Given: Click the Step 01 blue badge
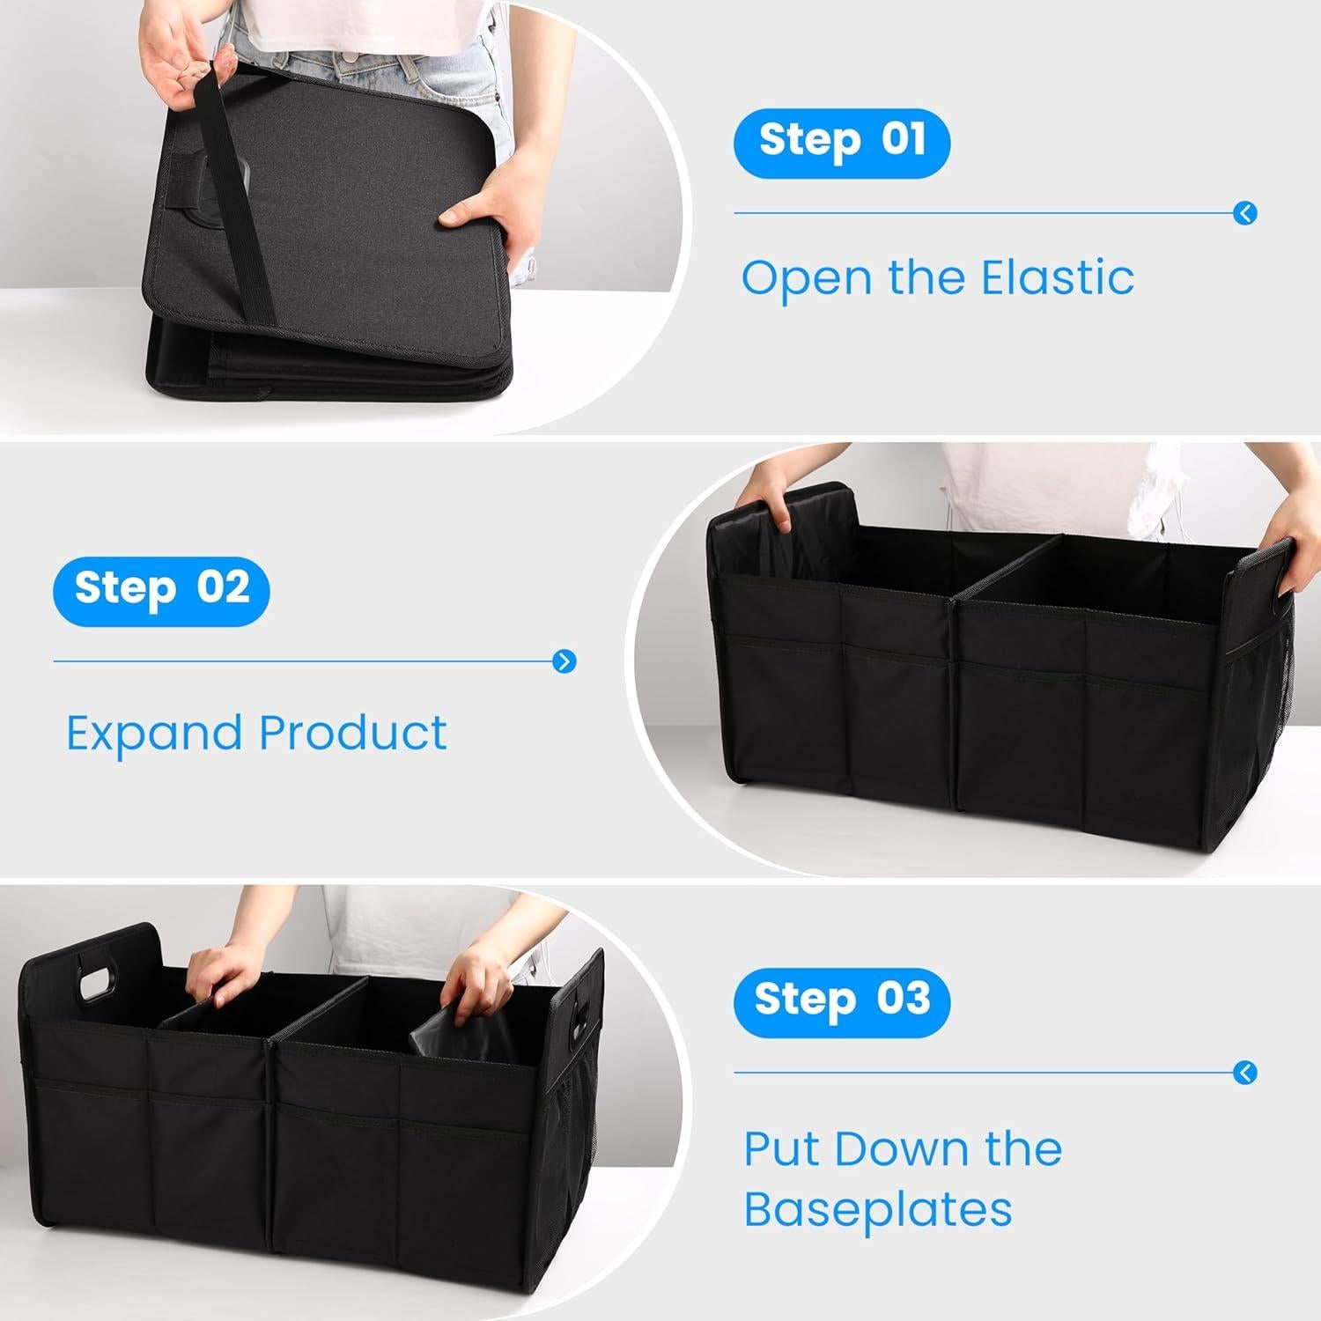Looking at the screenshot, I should [841, 143].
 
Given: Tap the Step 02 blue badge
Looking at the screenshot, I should [161, 590].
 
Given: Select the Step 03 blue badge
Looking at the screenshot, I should [841, 1001].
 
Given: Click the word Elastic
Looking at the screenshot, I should [1057, 278].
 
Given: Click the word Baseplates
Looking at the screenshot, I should [877, 1210].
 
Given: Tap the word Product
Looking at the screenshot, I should [353, 734].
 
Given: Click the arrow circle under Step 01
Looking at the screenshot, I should [1245, 213].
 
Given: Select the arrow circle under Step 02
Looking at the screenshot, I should [565, 660].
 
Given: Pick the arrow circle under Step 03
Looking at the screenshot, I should [1245, 1073].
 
